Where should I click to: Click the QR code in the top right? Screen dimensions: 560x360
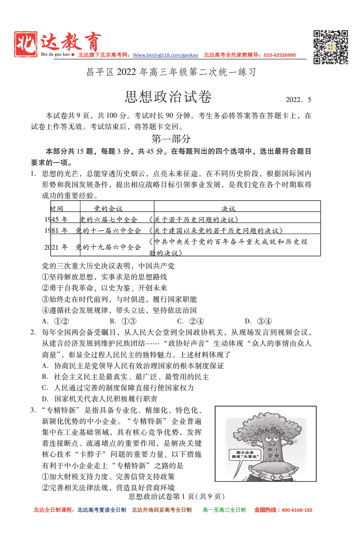coord(330,47)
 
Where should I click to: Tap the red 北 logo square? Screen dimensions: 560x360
coord(25,44)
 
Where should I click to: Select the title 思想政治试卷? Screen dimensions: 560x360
coord(168,97)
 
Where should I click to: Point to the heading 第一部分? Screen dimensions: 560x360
coord(171,139)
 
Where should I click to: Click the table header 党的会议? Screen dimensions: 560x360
coord(108,208)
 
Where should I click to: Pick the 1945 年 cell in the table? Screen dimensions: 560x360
coord(56,219)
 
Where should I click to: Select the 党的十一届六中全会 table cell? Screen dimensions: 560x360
coord(108,231)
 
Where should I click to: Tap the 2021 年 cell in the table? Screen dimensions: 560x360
coord(56,247)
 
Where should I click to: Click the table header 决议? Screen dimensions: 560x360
coord(228,208)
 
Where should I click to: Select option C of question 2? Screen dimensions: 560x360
coord(118,388)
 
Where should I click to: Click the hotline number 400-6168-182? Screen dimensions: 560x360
coord(295,510)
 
